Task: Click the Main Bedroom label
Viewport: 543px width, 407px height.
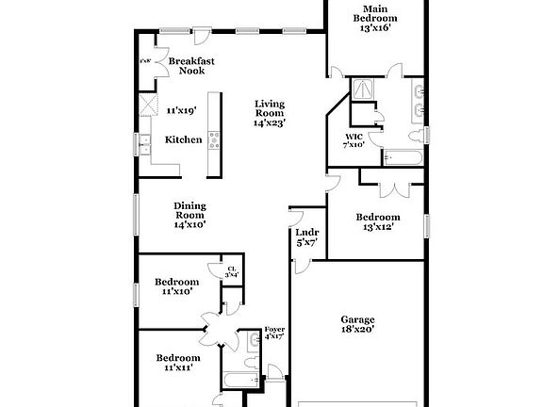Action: click(x=375, y=18)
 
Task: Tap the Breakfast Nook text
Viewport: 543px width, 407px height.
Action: click(x=191, y=66)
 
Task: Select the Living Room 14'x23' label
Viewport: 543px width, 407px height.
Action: click(x=269, y=112)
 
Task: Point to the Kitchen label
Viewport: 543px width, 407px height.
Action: click(x=183, y=139)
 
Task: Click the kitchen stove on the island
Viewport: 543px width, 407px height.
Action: click(x=214, y=140)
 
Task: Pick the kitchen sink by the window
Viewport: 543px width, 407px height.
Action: click(x=145, y=145)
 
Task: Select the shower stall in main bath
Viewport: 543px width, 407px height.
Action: click(x=363, y=90)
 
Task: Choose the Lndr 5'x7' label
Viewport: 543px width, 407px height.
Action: click(x=305, y=236)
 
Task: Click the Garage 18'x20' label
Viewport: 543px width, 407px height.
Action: click(x=357, y=324)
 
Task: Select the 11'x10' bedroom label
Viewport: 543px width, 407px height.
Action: click(x=177, y=286)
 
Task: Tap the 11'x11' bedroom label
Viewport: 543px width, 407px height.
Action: click(x=177, y=363)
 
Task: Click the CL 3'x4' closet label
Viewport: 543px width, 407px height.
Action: click(x=232, y=271)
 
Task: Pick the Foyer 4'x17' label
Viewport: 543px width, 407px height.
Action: click(x=273, y=333)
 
